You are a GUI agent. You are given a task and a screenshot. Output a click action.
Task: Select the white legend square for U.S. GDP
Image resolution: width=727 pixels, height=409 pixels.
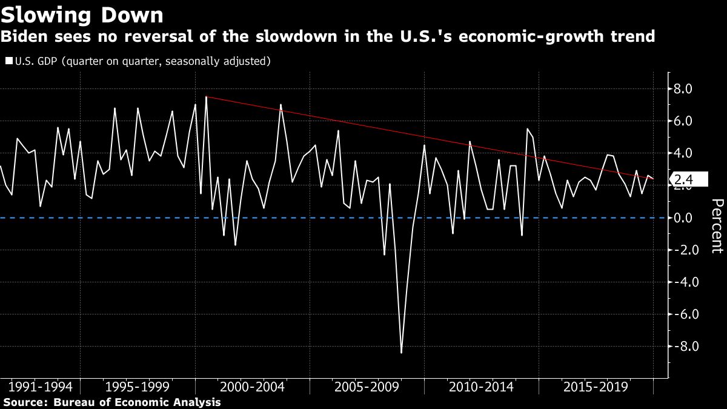point(8,61)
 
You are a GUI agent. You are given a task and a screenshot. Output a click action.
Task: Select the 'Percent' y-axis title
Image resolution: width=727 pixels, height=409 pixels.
point(717,233)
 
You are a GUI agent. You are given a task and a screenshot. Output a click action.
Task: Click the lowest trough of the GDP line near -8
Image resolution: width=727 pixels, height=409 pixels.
point(401,352)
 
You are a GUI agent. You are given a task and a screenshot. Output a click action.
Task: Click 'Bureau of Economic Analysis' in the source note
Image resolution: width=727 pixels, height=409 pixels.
point(137,402)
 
